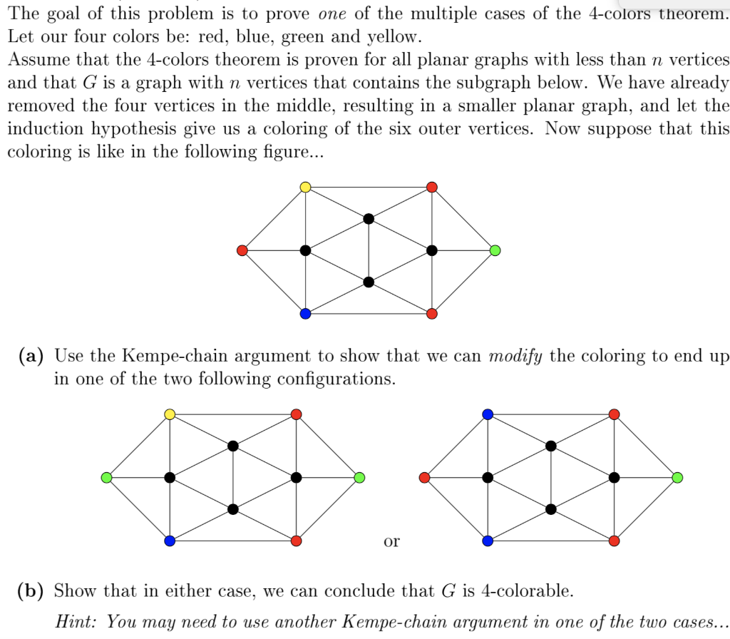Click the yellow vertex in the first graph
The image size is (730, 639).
pyautogui.click(x=305, y=187)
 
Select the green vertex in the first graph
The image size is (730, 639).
pyautogui.click(x=495, y=250)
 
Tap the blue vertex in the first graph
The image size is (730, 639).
pyautogui.click(x=305, y=314)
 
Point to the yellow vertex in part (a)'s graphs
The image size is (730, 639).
pyautogui.click(x=170, y=414)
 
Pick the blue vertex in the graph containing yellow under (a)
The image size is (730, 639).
pyautogui.click(x=170, y=541)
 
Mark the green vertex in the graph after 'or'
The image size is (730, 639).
pyautogui.click(x=677, y=477)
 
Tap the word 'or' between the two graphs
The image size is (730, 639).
pyautogui.click(x=391, y=541)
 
